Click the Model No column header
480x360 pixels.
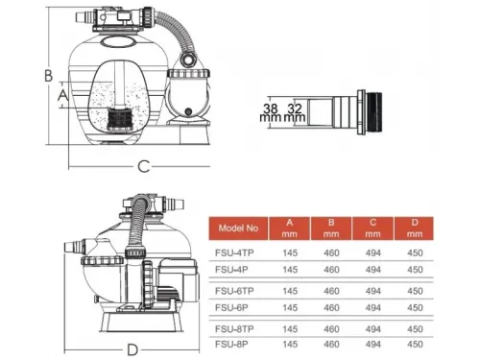click(238, 228)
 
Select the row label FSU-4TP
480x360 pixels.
click(234, 252)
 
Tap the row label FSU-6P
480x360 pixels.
click(231, 307)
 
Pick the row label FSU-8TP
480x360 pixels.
click(234, 329)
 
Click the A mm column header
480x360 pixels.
click(289, 228)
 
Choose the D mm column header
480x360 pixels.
click(415, 228)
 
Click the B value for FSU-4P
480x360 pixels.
click(331, 270)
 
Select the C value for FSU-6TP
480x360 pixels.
click(373, 291)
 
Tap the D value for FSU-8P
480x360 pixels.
click(415, 344)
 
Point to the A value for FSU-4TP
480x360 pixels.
click(290, 252)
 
